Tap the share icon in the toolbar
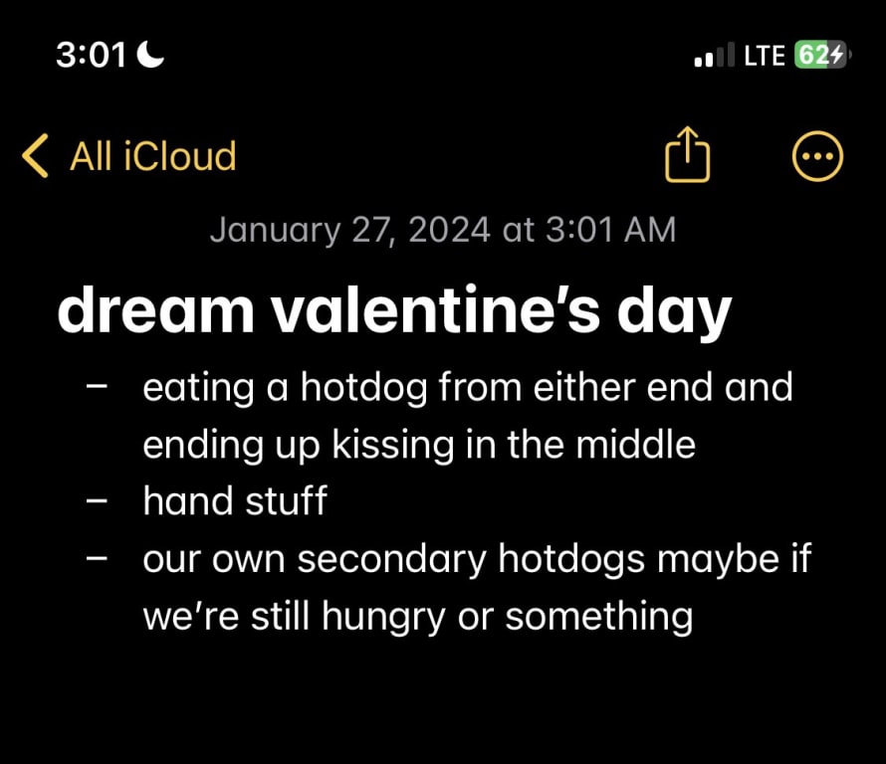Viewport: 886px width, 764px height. click(687, 154)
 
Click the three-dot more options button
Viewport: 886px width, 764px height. click(817, 156)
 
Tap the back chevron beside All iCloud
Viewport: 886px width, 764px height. click(35, 156)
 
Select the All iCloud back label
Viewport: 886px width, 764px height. click(152, 156)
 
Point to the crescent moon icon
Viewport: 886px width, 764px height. click(151, 55)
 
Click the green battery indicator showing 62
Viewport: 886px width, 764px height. click(820, 55)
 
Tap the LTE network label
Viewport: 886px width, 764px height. click(764, 56)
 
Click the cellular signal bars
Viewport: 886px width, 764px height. click(715, 55)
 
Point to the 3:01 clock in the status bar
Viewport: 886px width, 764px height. click(91, 56)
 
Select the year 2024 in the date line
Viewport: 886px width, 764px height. click(449, 230)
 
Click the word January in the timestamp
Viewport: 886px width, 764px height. click(275, 231)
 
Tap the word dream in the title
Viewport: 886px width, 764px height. click(156, 310)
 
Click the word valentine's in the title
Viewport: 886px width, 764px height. click(436, 310)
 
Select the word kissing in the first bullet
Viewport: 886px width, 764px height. click(393, 445)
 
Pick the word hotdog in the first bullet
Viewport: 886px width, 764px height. click(364, 388)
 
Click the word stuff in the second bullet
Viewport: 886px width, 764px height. click(287, 500)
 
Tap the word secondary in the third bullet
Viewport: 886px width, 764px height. click(391, 560)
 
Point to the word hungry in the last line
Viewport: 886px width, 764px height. click(383, 617)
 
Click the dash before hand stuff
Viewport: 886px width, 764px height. click(97, 500)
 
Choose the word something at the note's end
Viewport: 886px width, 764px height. click(599, 617)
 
